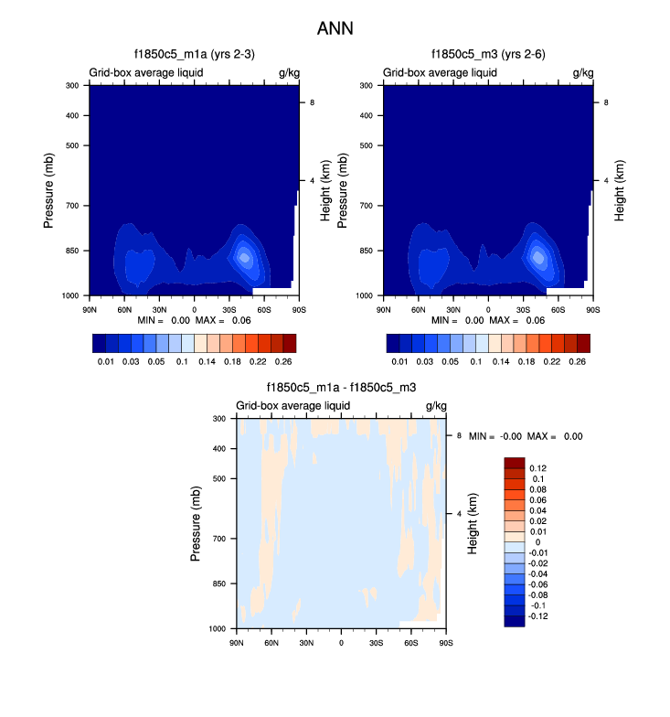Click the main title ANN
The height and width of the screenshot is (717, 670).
[335, 28]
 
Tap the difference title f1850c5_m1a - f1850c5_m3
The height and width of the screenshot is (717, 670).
[341, 388]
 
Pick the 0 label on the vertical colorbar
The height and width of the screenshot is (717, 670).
[537, 542]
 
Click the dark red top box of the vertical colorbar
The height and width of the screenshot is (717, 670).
[515, 463]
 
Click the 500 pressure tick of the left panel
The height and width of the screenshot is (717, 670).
[72, 145]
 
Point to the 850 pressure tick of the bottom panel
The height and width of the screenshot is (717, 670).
[219, 583]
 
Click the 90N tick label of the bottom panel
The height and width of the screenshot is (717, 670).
[236, 643]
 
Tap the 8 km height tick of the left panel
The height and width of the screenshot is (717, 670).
[313, 103]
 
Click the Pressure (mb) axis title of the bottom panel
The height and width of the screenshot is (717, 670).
[197, 524]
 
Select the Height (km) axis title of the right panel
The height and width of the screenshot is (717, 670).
[620, 190]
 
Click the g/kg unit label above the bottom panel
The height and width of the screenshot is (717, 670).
[435, 405]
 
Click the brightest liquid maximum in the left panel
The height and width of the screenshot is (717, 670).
[244, 257]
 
